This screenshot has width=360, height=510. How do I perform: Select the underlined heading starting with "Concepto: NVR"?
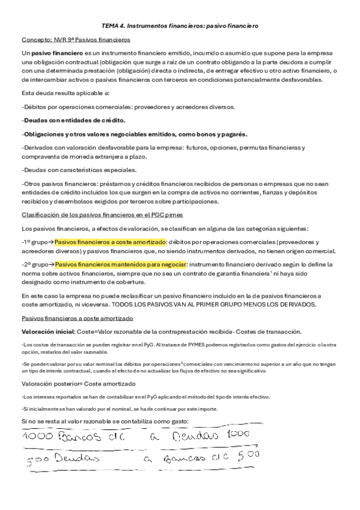(x=75, y=40)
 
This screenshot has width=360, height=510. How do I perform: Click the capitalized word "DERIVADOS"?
(x=294, y=304)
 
